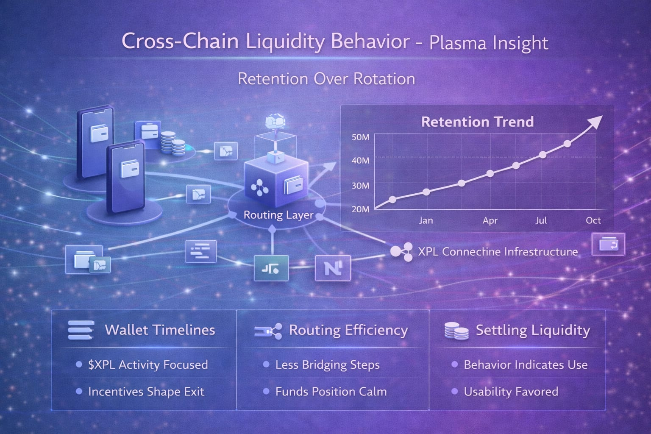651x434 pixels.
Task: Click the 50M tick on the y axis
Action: pos(360,137)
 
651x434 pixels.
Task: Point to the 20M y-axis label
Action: pos(360,209)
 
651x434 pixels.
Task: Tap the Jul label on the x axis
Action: pos(541,220)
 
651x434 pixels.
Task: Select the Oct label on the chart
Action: pos(593,220)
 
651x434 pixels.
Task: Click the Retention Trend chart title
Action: pos(477,122)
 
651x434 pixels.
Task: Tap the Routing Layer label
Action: pos(278,215)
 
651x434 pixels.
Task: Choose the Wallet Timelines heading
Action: pos(160,330)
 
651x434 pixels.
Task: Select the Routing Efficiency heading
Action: pos(348,330)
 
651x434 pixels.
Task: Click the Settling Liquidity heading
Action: pos(533,330)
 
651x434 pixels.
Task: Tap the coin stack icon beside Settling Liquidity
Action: pos(456,331)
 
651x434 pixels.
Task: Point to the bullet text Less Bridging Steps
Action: pos(327,365)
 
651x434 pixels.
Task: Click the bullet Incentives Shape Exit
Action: pos(146,392)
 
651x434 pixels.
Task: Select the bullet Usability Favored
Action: pos(511,392)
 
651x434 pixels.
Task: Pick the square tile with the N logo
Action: pos(333,268)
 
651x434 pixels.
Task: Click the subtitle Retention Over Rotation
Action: pos(326,79)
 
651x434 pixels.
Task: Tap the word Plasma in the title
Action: pos(457,43)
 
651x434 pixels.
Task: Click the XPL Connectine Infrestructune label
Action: pos(498,252)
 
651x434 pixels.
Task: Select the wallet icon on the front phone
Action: pos(127,169)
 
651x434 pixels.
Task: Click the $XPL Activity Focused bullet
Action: pos(148,365)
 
